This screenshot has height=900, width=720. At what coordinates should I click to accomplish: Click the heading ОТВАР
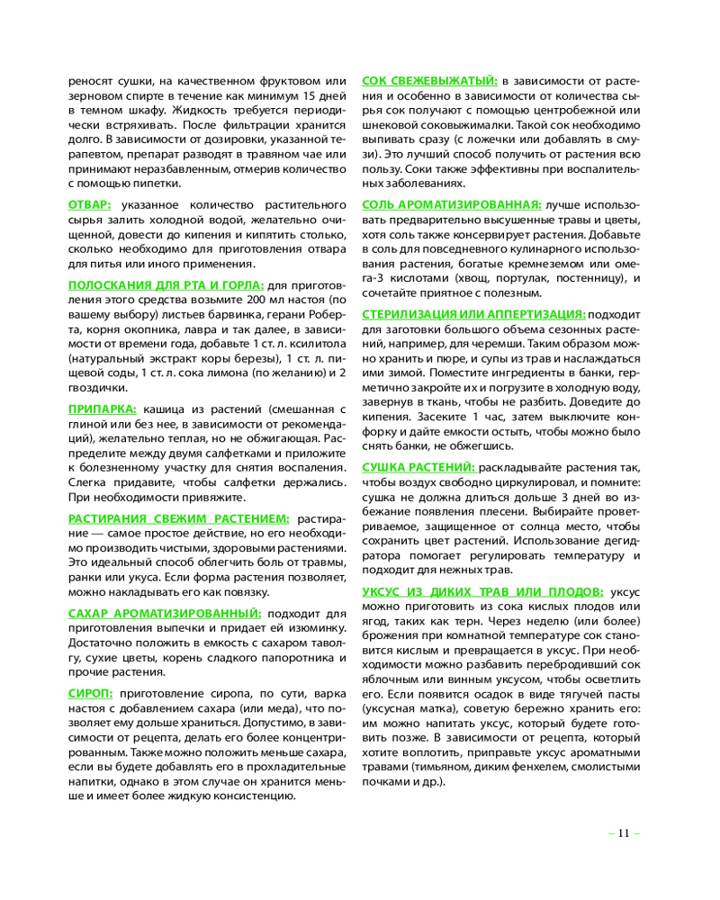point(90,204)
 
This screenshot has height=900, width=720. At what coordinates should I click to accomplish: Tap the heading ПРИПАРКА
point(103,408)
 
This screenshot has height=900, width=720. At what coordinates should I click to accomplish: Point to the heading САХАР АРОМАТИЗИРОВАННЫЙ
point(165,613)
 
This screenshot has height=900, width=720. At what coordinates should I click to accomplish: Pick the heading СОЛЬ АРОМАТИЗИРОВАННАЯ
point(451,204)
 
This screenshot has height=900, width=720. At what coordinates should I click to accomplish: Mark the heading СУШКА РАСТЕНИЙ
point(418,468)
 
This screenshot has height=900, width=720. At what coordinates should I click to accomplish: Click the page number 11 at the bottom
point(623,832)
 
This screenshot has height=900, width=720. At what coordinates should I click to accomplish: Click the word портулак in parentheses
point(524,279)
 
